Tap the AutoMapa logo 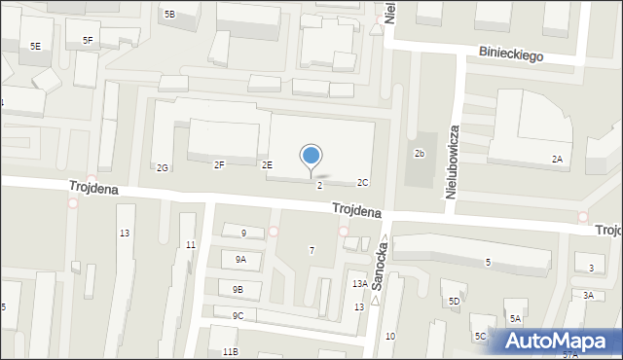click(560, 342)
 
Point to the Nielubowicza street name click(453, 162)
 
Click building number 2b click(420, 154)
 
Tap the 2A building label click(558, 159)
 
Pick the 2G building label click(163, 167)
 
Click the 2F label click(219, 164)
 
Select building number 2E click(266, 164)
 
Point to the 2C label click(362, 182)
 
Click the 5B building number click(169, 14)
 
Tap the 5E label click(35, 46)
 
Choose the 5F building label click(88, 40)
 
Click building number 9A click(240, 259)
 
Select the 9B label click(238, 289)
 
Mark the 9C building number click(238, 315)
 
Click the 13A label click(359, 283)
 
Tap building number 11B click(230, 351)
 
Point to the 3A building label click(588, 295)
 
